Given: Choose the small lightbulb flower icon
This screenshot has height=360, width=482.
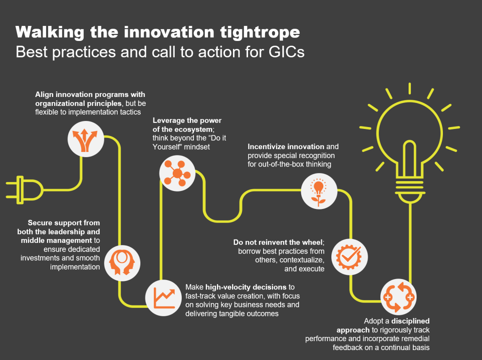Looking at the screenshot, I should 318,191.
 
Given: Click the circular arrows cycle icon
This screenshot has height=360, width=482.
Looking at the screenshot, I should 398,297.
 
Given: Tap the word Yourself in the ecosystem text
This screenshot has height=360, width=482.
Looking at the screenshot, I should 167,147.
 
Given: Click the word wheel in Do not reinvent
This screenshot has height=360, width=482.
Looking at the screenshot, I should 312,242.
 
